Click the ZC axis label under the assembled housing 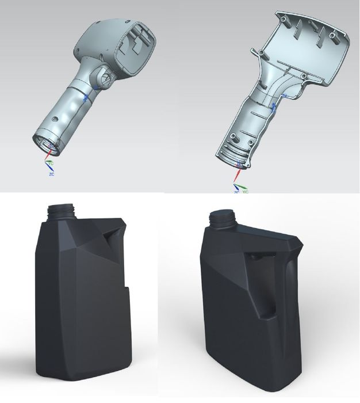[51, 173]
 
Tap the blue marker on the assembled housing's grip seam [86, 97]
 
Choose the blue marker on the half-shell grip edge [274, 107]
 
